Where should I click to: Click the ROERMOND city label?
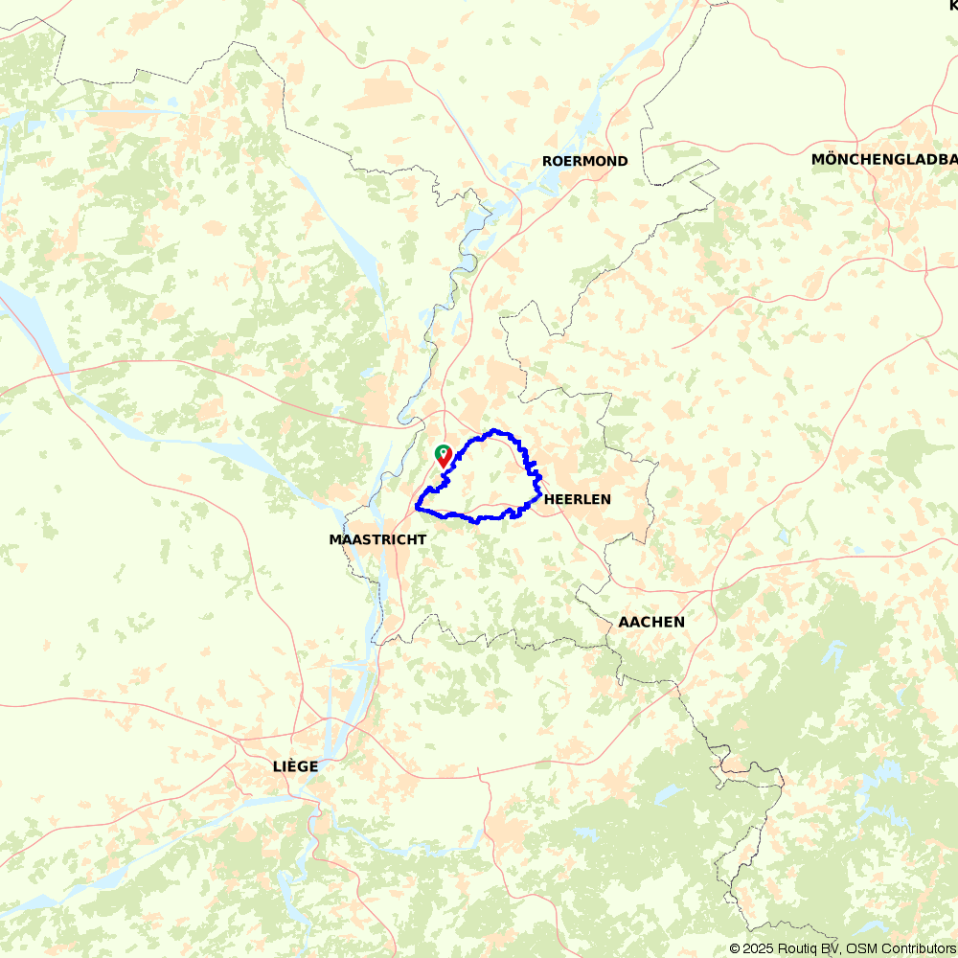pyautogui.click(x=584, y=161)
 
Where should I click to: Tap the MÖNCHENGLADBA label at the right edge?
pyautogui.click(x=883, y=159)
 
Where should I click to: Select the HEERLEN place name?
pyautogui.click(x=577, y=499)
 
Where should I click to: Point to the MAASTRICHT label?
pyautogui.click(x=377, y=540)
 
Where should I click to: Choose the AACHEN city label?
pyautogui.click(x=651, y=622)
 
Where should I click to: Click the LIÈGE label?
pyautogui.click(x=295, y=766)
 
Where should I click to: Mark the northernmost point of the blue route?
pyautogui.click(x=493, y=431)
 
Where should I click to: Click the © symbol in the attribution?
pyautogui.click(x=735, y=948)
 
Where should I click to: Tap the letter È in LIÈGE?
pyautogui.click(x=289, y=766)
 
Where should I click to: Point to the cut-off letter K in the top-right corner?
pyautogui.click(x=953, y=6)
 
